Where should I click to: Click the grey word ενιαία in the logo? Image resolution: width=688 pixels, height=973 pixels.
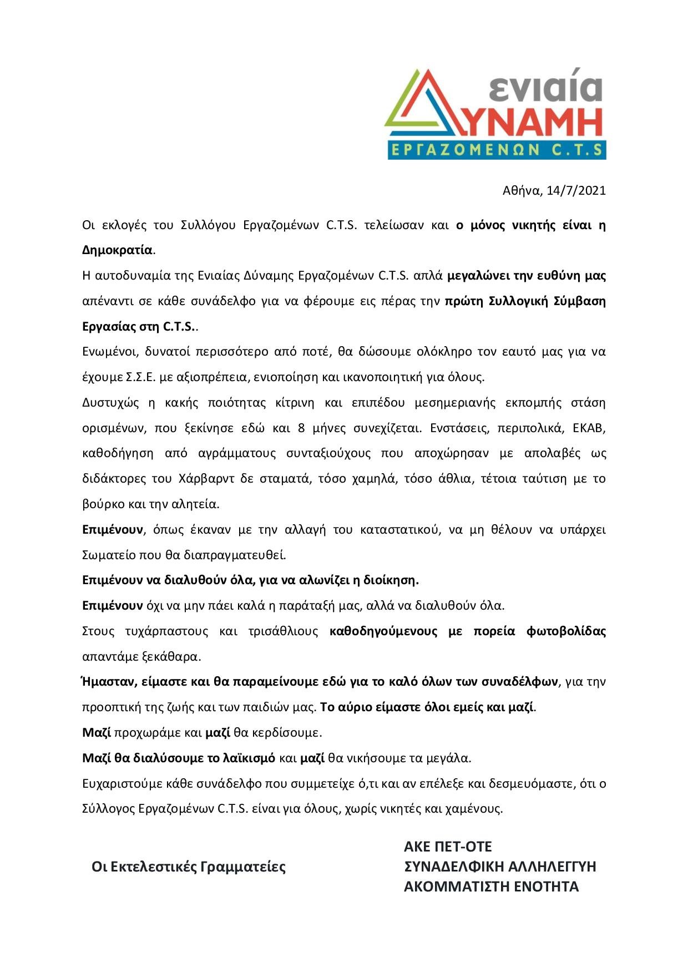click(547, 87)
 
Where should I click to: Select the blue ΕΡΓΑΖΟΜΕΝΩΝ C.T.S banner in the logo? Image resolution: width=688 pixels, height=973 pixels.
click(497, 150)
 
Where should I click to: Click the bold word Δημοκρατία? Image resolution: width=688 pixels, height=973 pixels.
click(117, 250)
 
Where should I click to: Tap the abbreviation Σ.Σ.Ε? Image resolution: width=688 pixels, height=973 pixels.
click(140, 377)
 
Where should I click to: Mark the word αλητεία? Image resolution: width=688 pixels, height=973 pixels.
click(196, 504)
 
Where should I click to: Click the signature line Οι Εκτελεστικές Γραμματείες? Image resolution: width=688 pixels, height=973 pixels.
click(189, 866)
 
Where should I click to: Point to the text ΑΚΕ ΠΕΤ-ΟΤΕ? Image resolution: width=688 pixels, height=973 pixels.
click(448, 847)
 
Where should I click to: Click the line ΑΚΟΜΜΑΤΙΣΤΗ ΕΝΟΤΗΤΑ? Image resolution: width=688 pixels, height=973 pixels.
click(491, 886)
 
